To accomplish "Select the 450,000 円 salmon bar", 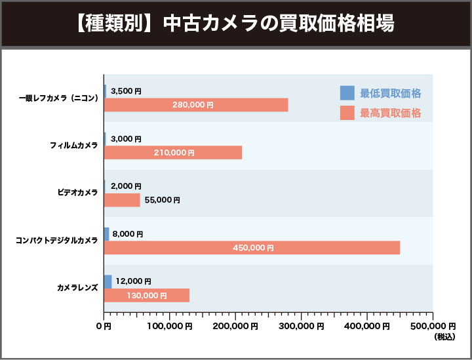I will (x=252, y=248).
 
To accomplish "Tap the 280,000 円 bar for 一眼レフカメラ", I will (x=196, y=105).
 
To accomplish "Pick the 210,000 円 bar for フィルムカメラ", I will (x=173, y=153).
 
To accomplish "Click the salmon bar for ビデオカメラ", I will (x=122, y=200).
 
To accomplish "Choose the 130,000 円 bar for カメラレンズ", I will (x=146, y=296).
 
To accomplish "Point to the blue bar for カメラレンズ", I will (x=108, y=281).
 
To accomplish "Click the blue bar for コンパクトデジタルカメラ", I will (x=106, y=233).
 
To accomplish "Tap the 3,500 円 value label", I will (x=126, y=91).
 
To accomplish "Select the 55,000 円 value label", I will (x=162, y=200).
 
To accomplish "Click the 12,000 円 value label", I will (x=132, y=281).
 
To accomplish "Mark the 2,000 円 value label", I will (x=126, y=186).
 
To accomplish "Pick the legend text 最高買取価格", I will (x=391, y=113).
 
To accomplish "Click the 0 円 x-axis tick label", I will (x=105, y=326).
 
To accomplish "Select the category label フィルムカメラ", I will (x=74, y=145).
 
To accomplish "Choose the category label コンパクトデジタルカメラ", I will (x=57, y=241).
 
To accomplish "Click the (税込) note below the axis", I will (x=444, y=337).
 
